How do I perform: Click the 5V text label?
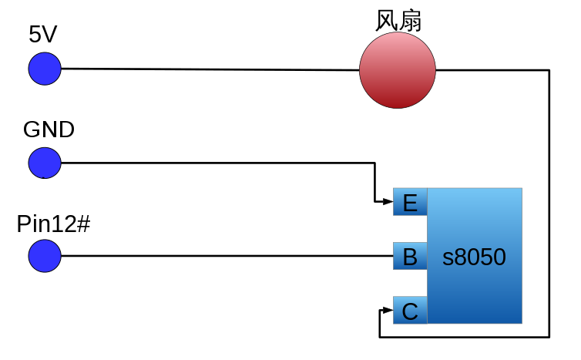(x=43, y=34)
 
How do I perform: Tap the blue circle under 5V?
(x=45, y=69)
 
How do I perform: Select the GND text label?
(x=49, y=130)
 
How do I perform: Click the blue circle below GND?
(x=45, y=163)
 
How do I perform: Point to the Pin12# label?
(x=53, y=224)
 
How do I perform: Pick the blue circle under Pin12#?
(x=45, y=256)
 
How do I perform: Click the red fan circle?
(x=398, y=70)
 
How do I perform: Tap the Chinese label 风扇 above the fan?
(x=398, y=21)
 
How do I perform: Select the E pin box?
(x=410, y=202)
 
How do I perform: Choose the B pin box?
(x=410, y=256)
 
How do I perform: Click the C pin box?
(x=410, y=310)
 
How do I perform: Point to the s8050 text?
(x=475, y=257)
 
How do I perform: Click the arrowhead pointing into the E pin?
(x=388, y=202)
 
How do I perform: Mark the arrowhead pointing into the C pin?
(x=388, y=310)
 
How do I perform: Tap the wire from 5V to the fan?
(x=210, y=69)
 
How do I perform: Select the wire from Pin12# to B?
(x=227, y=256)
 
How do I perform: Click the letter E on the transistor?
(x=410, y=203)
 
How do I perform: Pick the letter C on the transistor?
(x=410, y=311)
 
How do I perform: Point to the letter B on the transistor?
(x=410, y=257)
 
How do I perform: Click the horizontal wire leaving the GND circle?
(x=218, y=163)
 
